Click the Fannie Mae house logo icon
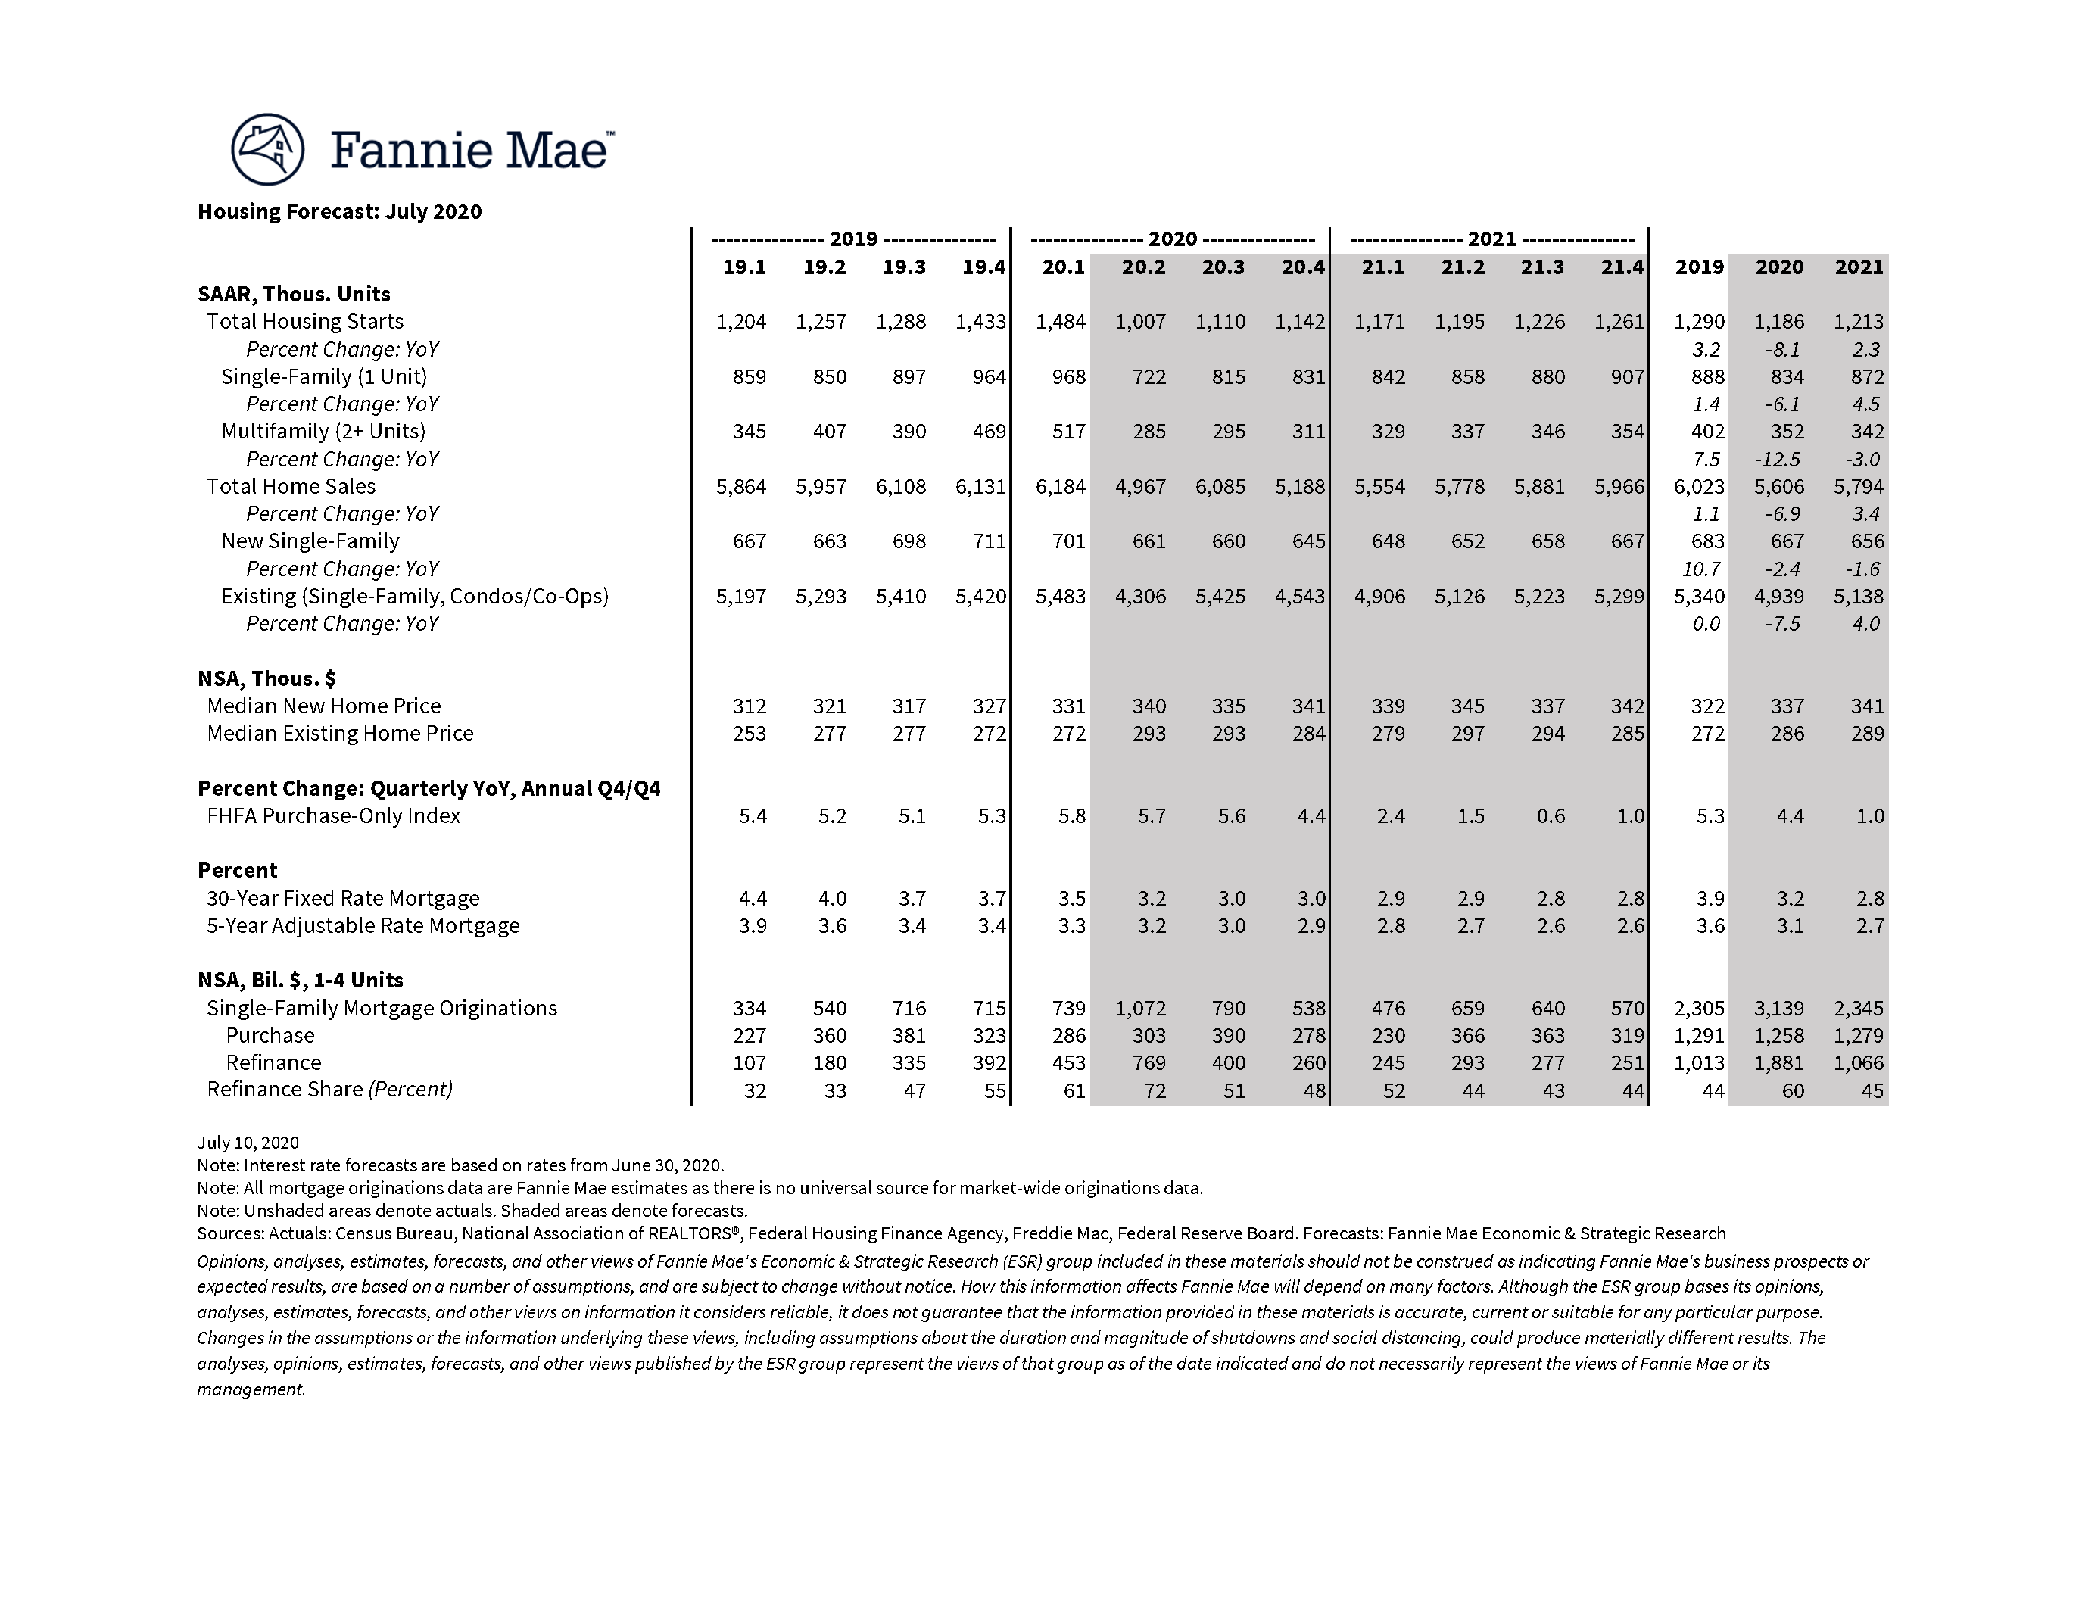point(267,150)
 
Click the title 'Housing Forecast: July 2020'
point(339,211)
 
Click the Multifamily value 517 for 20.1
point(1067,432)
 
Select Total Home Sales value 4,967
point(1140,487)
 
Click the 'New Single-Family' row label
point(310,541)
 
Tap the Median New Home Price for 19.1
point(750,706)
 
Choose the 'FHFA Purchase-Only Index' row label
point(334,816)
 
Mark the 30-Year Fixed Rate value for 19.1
point(752,899)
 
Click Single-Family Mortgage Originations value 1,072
point(1140,1009)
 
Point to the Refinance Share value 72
point(1154,1090)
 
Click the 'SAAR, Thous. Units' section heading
point(294,295)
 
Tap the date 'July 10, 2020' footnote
point(248,1143)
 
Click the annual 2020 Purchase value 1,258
point(1779,1036)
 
